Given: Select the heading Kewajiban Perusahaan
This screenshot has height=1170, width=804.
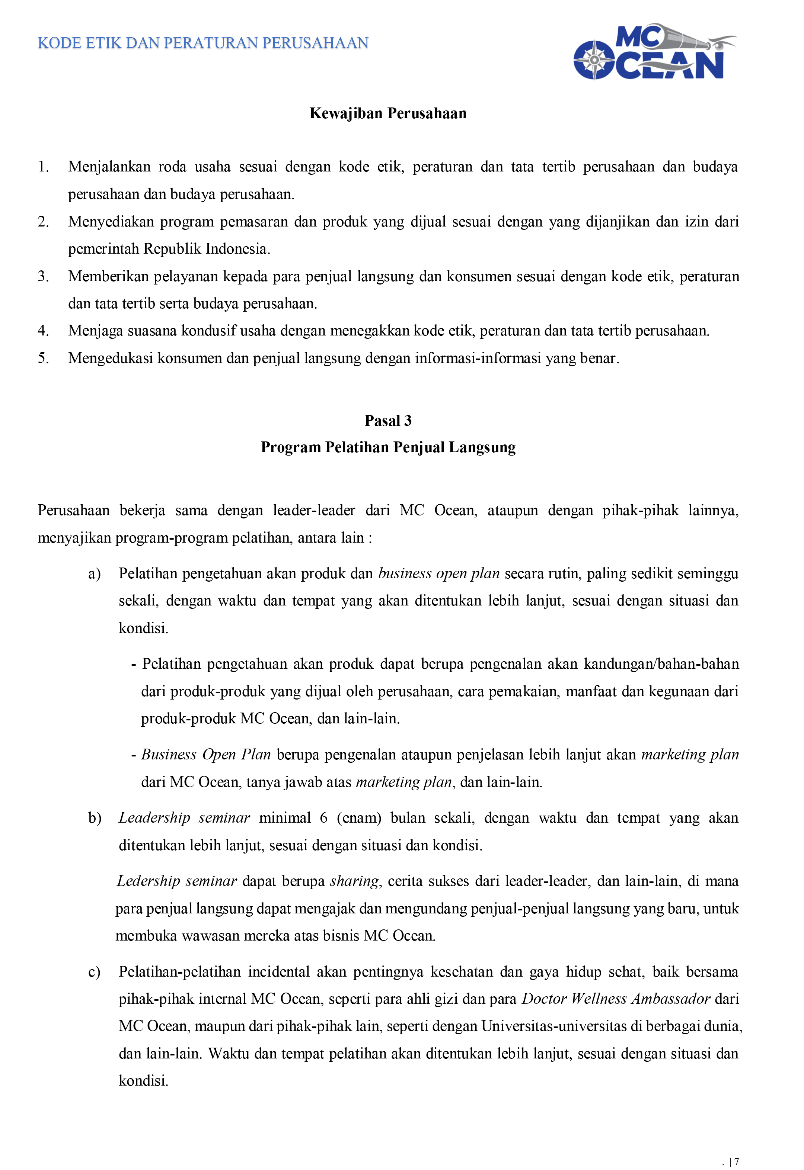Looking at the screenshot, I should point(388,113).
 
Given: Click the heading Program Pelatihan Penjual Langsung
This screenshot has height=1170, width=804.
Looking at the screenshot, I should point(388,447).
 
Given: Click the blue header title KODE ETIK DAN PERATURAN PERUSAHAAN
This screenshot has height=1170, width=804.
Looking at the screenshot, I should point(203,43).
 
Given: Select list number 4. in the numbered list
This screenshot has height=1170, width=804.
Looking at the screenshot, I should point(43,331).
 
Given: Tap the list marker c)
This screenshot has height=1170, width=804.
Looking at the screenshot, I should point(94,972).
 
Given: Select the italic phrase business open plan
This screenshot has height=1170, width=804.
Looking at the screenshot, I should point(439,573).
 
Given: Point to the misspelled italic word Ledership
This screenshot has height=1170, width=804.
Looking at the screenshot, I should point(149,881).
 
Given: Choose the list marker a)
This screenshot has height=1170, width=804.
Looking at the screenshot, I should point(94,573).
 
